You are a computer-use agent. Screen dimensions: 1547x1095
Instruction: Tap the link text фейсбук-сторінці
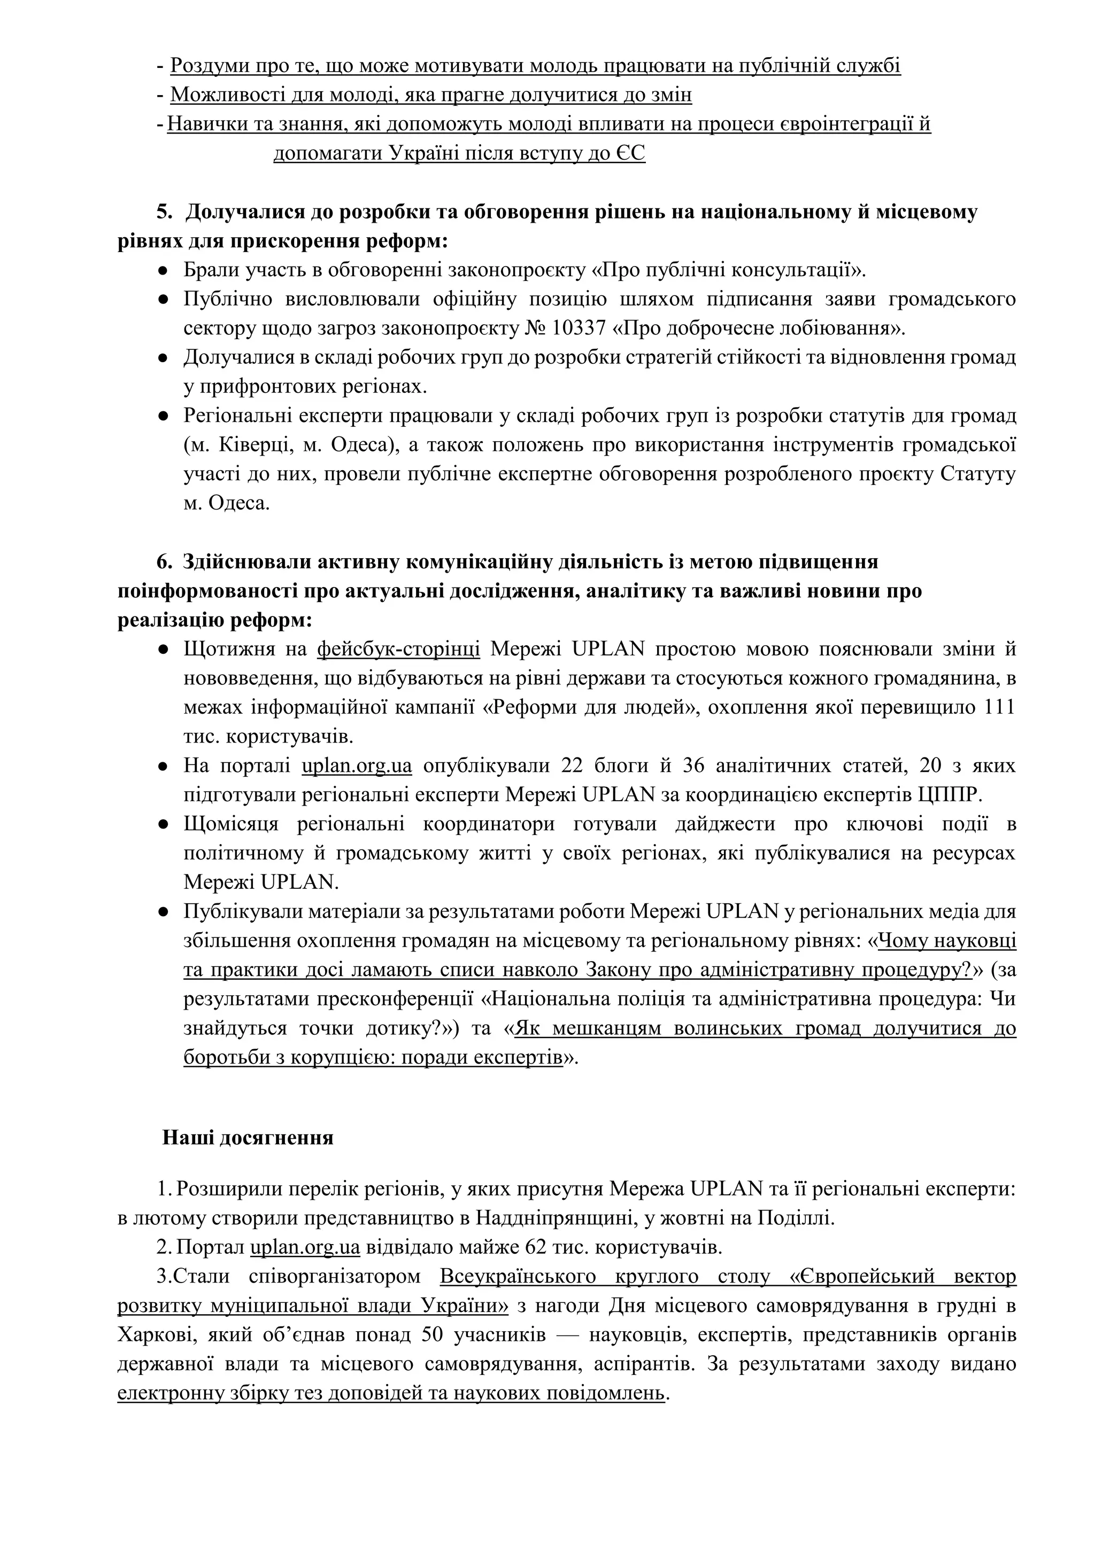[x=398, y=649]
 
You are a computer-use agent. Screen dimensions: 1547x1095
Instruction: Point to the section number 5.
[x=164, y=212]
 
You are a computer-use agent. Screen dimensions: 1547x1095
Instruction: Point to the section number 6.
[x=164, y=562]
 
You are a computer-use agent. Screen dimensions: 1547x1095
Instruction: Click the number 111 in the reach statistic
[x=1000, y=707]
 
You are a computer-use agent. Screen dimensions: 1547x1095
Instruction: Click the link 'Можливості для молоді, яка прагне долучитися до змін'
[x=430, y=95]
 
